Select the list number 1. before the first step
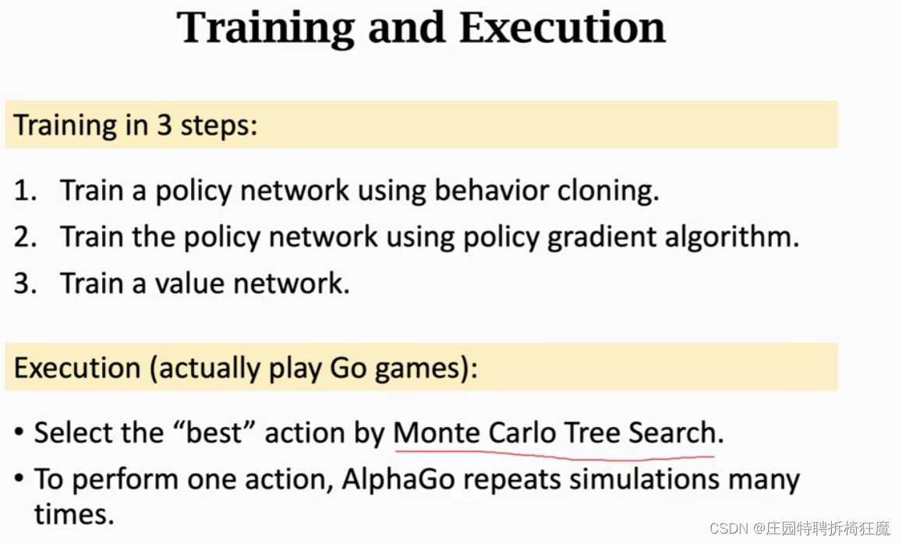pyautogui.click(x=25, y=191)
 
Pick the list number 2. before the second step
pyautogui.click(x=25, y=237)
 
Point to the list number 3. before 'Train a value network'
pyautogui.click(x=25, y=283)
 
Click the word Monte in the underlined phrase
pyautogui.click(x=437, y=433)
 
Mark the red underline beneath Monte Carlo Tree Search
pyautogui.click(x=554, y=451)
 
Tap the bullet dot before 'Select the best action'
pyautogui.click(x=19, y=433)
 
